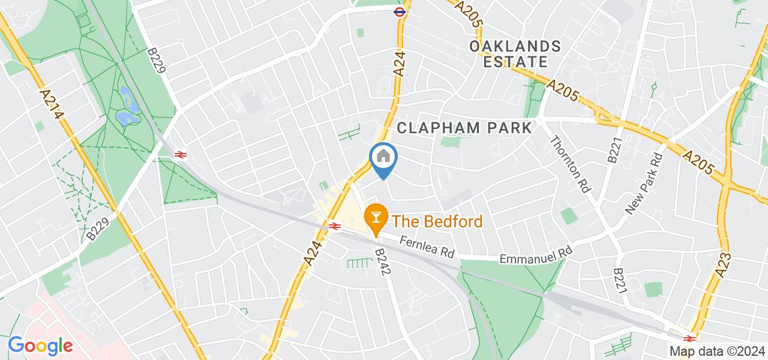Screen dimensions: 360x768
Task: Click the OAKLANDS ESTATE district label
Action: coord(515,53)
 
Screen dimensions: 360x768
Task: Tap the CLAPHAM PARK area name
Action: coord(464,127)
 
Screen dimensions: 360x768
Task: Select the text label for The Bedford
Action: coord(437,222)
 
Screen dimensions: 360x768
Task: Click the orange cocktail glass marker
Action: coord(376,215)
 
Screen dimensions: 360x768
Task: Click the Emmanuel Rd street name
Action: coord(535,254)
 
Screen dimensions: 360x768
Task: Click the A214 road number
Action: coord(52,103)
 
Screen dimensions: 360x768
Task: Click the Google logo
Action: coord(40,346)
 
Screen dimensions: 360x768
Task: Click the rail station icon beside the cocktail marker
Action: coord(335,226)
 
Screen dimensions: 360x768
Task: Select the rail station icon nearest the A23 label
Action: coord(689,338)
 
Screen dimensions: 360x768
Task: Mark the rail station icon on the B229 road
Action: coord(179,155)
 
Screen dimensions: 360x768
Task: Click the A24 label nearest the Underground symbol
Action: coord(400,63)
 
